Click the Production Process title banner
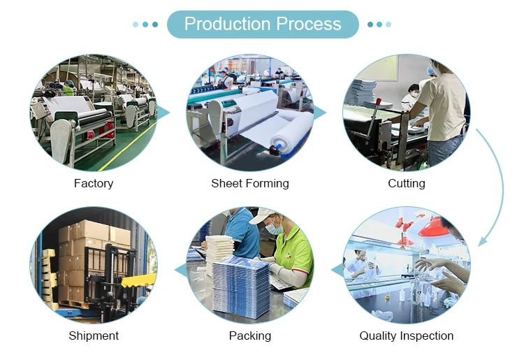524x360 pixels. pos(263,24)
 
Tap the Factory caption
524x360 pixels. pos(94,183)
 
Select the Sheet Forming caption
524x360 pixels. pos(250,183)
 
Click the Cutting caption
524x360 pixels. pos(407,183)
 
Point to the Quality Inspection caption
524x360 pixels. pos(407,336)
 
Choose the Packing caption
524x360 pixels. pos(250,336)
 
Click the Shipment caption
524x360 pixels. pos(94,336)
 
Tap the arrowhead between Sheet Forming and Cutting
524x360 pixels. pos(320,113)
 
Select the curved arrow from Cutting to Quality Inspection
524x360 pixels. pos(499,182)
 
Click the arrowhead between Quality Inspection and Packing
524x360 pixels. pos(337,270)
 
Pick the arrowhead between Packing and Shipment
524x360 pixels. pos(180,270)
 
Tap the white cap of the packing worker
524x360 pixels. pos(264,216)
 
